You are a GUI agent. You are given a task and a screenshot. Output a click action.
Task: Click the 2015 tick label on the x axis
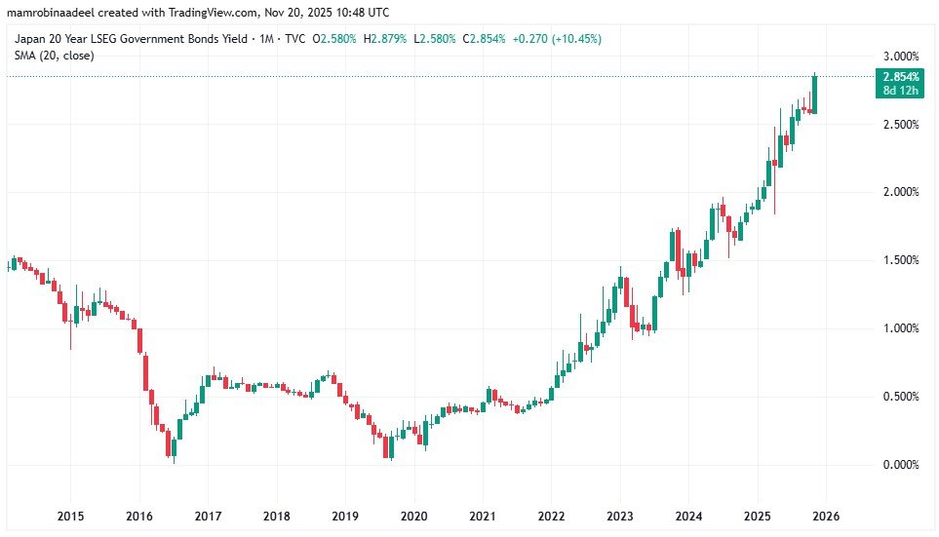pyautogui.click(x=69, y=516)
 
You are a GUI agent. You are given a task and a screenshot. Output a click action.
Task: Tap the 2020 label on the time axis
pyautogui.click(x=414, y=516)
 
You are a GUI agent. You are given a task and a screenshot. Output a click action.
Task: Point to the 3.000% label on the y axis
pyautogui.click(x=900, y=56)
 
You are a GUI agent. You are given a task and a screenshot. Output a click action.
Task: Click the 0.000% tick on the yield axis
pyautogui.click(x=900, y=465)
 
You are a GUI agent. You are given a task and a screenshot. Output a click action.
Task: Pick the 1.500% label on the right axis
pyautogui.click(x=900, y=260)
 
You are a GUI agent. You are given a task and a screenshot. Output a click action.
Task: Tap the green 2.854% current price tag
pyautogui.click(x=900, y=76)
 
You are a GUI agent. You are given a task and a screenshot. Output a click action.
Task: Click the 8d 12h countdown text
pyautogui.click(x=899, y=90)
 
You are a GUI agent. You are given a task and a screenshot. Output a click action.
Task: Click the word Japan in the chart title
pyautogui.click(x=30, y=39)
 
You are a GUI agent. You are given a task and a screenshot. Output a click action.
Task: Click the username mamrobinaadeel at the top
pyautogui.click(x=55, y=11)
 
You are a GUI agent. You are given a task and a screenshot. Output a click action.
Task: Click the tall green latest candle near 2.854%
pyautogui.click(x=814, y=95)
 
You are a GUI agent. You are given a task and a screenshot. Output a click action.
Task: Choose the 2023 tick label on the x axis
pyautogui.click(x=620, y=516)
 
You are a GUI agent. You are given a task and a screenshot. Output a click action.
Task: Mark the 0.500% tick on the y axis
pyautogui.click(x=900, y=397)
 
